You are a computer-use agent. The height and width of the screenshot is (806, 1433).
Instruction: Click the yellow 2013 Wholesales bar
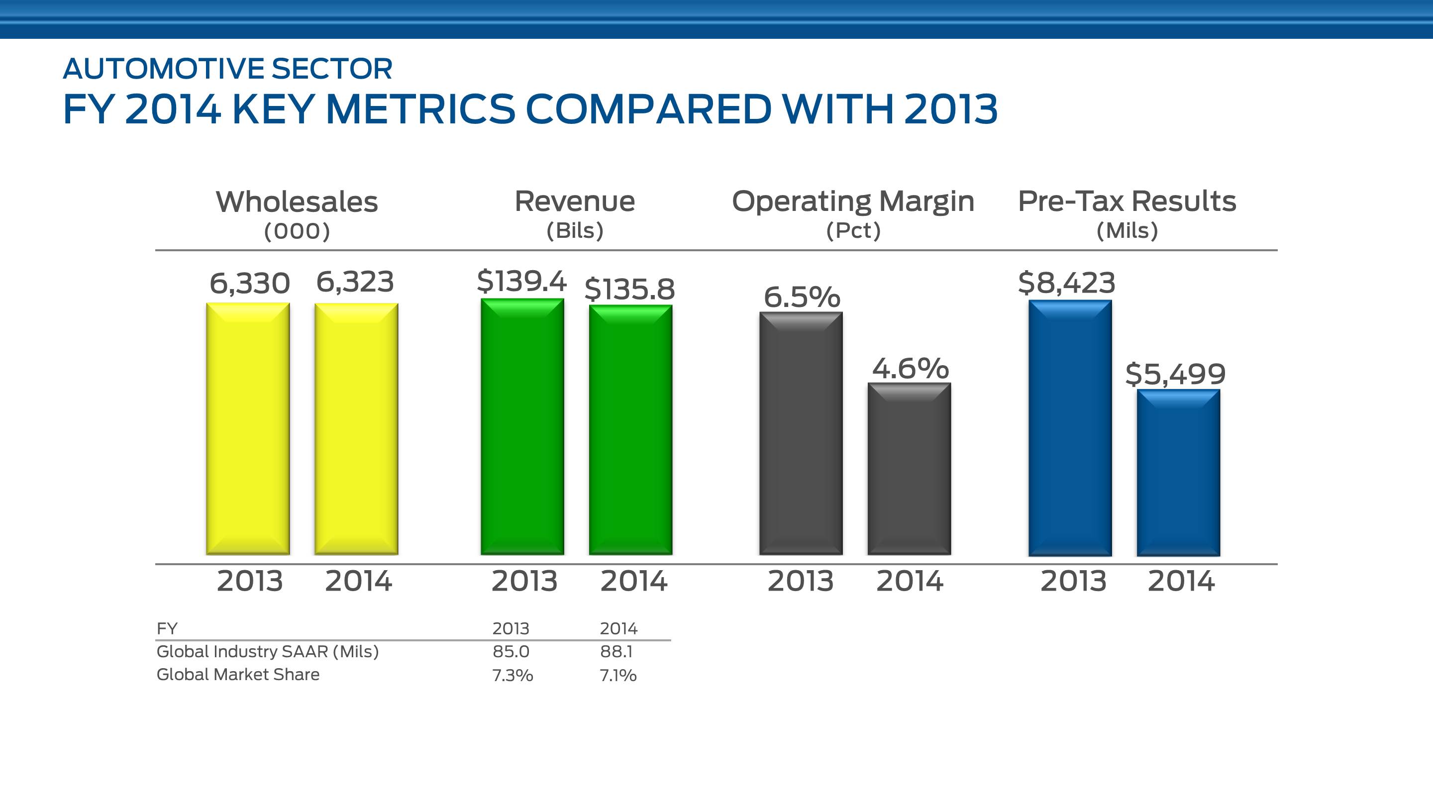click(x=248, y=428)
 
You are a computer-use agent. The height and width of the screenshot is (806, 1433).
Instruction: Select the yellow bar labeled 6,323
click(x=356, y=428)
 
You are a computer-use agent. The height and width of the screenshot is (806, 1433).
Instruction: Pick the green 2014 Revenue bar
click(x=631, y=429)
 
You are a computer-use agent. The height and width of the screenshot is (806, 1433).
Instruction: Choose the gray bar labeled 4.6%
click(x=909, y=468)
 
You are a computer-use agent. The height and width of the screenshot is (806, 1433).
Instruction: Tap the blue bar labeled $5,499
click(x=1178, y=472)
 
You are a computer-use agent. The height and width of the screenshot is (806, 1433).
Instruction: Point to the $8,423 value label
click(x=1066, y=283)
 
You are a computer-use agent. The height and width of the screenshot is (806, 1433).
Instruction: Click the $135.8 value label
click(x=630, y=289)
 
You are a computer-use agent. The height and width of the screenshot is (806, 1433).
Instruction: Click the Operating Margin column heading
click(x=853, y=201)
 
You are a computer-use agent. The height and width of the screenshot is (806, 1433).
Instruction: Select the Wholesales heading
click(x=297, y=201)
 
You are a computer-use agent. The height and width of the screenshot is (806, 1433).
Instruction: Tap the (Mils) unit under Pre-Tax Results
click(x=1127, y=230)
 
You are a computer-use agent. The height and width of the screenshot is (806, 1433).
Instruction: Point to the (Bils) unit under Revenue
click(x=575, y=230)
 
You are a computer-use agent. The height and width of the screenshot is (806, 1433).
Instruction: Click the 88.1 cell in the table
click(x=616, y=651)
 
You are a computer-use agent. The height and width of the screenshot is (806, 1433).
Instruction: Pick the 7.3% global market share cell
click(x=512, y=675)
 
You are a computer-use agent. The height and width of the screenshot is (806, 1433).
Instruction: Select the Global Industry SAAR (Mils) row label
click(x=268, y=651)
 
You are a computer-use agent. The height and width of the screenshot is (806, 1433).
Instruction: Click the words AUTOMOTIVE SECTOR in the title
click(x=227, y=69)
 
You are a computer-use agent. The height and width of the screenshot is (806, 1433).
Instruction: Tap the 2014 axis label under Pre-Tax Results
click(x=1181, y=581)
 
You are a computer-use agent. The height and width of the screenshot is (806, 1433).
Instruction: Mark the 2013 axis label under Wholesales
click(x=250, y=581)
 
